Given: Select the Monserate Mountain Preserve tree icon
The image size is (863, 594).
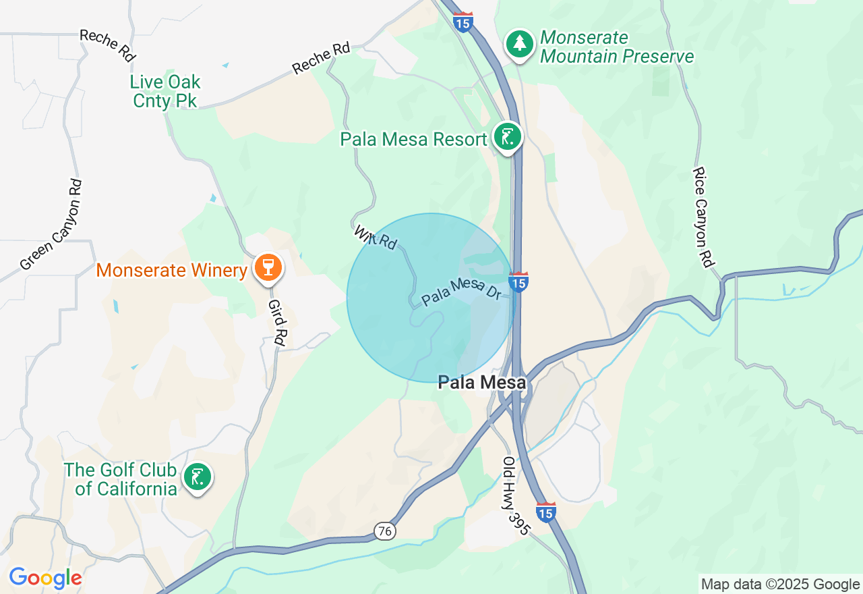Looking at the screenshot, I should pyautogui.click(x=519, y=43).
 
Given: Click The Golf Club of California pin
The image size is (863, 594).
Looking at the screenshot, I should pyautogui.click(x=197, y=477).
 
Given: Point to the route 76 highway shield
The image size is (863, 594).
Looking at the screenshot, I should pyautogui.click(x=385, y=532).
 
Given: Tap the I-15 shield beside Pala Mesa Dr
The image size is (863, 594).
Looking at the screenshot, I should pyautogui.click(x=518, y=282).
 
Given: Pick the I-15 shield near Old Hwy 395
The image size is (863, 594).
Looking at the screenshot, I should pyautogui.click(x=546, y=512).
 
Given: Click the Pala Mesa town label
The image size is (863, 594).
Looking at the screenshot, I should pyautogui.click(x=481, y=383).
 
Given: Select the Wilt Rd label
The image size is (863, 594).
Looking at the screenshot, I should pyautogui.click(x=376, y=237).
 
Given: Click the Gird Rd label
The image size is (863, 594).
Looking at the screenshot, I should pyautogui.click(x=276, y=323).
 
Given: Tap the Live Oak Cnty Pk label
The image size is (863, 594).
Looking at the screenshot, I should pyautogui.click(x=165, y=91).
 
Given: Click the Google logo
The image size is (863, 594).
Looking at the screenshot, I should pyautogui.click(x=45, y=578).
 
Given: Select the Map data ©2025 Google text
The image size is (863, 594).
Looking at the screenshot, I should pyautogui.click(x=780, y=584).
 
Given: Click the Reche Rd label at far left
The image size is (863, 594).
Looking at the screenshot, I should pyautogui.click(x=108, y=45).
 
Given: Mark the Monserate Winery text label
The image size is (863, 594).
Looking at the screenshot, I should pyautogui.click(x=171, y=271).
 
